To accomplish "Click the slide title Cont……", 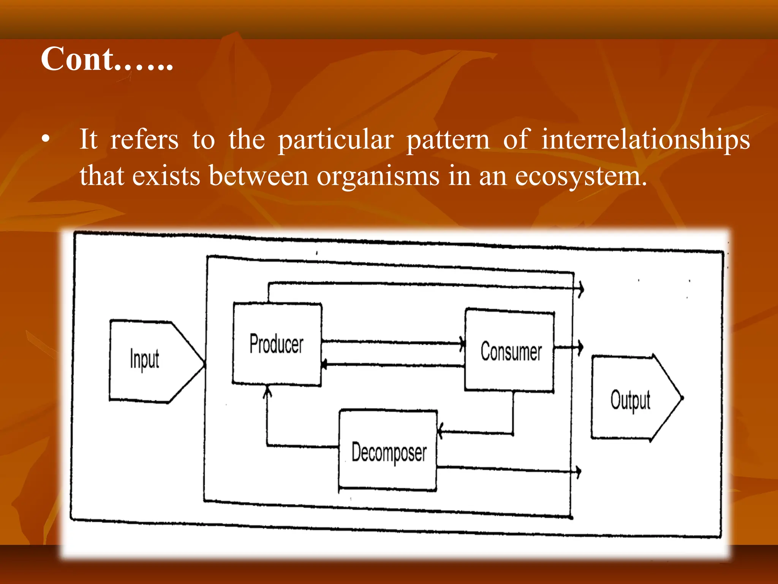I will tap(107, 59).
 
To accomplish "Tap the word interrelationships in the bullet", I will tap(645, 140).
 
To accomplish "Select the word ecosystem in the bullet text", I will tap(581, 176).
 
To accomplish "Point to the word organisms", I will tap(378, 176).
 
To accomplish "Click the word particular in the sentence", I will tap(336, 140).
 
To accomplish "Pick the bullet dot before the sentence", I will tap(46, 140).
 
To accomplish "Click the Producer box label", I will tap(277, 344).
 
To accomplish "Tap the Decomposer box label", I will tap(389, 452).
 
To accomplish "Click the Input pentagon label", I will tap(144, 359).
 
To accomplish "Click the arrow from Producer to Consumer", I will tap(391, 343).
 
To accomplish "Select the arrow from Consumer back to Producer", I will tap(391, 365).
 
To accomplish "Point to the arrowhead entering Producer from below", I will tap(268, 391).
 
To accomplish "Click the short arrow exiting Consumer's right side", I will tap(569, 347).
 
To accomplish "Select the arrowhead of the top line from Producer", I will tap(580, 289).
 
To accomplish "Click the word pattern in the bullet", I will tap(448, 140).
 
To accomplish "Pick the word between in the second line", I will tap(258, 176).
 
